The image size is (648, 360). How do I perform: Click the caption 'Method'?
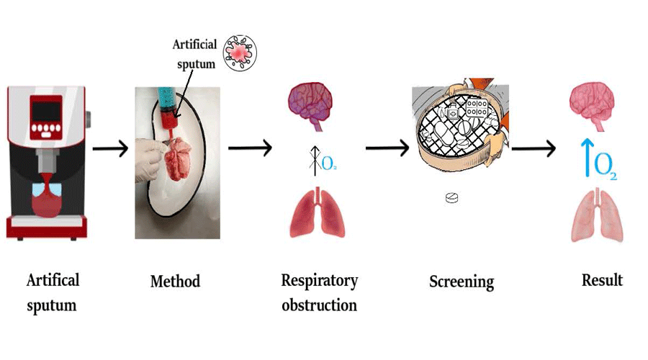(175, 281)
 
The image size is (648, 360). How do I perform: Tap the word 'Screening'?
(462, 281)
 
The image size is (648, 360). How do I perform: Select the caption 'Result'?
(602, 279)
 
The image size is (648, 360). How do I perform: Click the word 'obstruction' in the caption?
(319, 305)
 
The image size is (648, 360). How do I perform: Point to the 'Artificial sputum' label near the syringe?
(194, 53)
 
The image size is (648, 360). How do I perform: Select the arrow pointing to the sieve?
(387, 148)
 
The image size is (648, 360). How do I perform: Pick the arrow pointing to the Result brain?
(533, 149)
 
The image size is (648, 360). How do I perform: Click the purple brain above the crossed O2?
(310, 103)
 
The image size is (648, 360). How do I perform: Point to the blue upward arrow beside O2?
(587, 157)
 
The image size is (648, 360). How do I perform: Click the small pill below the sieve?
(451, 198)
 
